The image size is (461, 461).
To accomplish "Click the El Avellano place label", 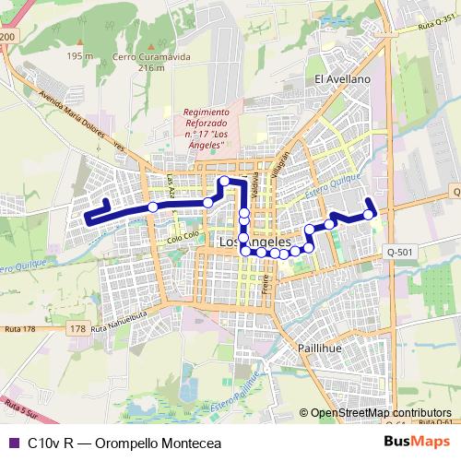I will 342,80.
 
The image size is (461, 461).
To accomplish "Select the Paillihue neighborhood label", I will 320,348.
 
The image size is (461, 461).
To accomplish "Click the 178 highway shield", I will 77,328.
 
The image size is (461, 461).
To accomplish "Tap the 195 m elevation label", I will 80,56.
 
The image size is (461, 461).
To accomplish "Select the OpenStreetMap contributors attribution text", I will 381,413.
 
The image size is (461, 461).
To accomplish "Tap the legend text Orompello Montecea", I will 142,443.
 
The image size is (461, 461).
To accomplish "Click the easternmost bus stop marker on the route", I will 369,215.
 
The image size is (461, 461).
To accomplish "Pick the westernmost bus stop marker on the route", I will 153,207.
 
